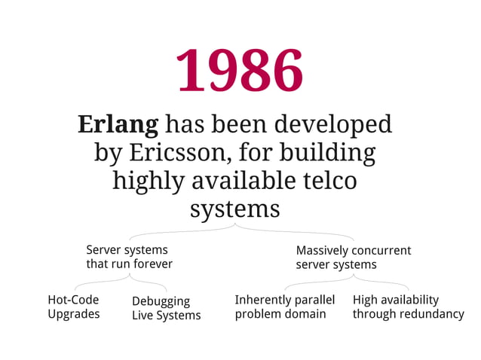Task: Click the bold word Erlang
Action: tap(118, 124)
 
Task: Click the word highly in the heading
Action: tap(148, 181)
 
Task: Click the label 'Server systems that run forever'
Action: tap(128, 257)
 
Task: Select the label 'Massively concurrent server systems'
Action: tap(353, 258)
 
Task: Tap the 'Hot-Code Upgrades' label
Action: tap(74, 307)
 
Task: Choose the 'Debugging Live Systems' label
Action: tap(166, 308)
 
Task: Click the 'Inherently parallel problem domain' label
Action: tap(284, 307)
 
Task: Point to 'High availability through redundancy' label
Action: tap(408, 307)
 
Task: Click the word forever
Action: tap(153, 264)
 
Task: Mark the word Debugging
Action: tap(161, 301)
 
